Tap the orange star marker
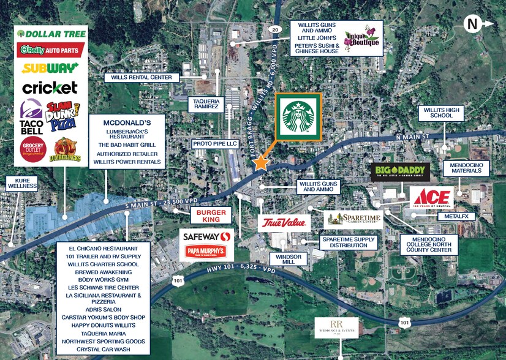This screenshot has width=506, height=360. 262,162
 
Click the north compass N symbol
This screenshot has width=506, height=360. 472,24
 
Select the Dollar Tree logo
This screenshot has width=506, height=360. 51,34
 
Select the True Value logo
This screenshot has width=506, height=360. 284,222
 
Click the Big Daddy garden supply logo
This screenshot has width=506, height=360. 399,172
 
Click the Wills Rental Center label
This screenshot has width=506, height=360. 142,78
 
